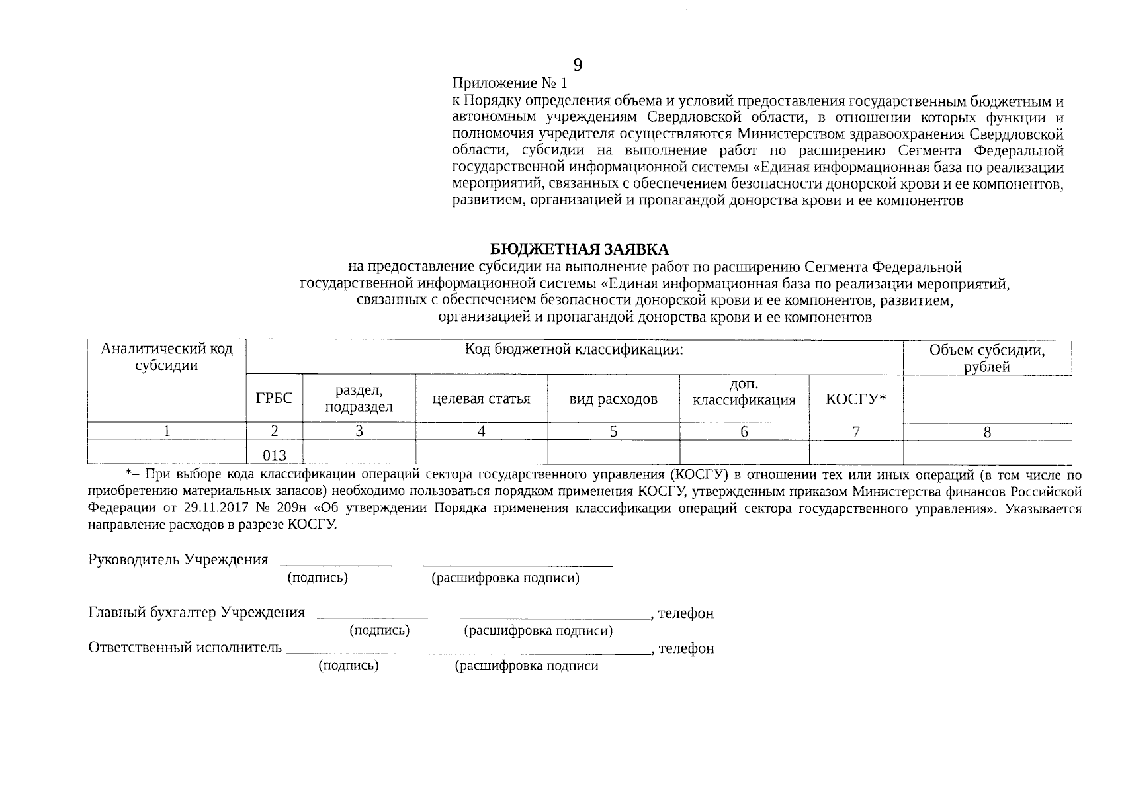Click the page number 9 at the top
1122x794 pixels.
(578, 64)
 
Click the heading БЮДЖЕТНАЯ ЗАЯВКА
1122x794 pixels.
(580, 249)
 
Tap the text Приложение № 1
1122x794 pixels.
(509, 83)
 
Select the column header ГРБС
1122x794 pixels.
(274, 398)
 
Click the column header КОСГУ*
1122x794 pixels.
(855, 398)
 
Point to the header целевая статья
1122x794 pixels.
(481, 398)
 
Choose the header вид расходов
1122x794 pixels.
(613, 398)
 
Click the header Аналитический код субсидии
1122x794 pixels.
(166, 357)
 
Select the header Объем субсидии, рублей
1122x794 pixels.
(986, 358)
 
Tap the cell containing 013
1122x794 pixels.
(274, 455)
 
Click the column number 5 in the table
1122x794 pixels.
(613, 431)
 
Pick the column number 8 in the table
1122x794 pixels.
(986, 433)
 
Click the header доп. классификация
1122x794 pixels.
(744, 392)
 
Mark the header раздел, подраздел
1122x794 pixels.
(359, 398)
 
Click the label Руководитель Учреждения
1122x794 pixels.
(178, 560)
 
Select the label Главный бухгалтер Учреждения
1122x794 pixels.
(196, 613)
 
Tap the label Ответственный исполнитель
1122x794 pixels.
(185, 648)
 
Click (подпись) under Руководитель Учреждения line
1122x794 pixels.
(318, 578)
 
